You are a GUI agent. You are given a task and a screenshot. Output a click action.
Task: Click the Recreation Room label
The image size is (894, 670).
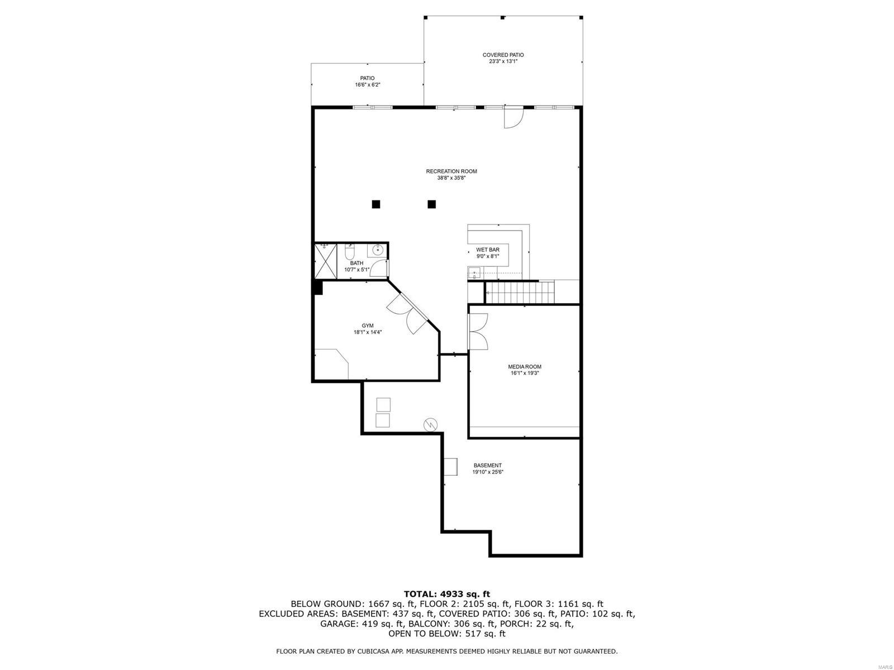click(451, 171)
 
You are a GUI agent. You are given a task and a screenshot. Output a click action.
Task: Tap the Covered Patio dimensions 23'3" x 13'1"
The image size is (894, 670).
click(503, 61)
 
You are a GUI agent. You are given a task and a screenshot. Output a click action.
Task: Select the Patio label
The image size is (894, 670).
click(367, 78)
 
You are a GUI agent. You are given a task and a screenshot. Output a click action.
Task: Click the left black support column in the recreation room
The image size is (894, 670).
click(376, 204)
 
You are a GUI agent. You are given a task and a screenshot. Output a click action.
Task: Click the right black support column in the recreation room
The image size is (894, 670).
click(431, 204)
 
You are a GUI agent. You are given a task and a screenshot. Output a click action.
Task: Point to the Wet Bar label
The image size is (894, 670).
click(487, 250)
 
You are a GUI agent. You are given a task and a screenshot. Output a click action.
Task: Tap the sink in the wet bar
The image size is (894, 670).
click(474, 274)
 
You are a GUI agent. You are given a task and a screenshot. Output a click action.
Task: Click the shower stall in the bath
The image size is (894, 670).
click(325, 261)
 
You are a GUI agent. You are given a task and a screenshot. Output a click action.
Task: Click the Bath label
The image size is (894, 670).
click(356, 263)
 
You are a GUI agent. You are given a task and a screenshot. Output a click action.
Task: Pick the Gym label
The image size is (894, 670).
click(367, 326)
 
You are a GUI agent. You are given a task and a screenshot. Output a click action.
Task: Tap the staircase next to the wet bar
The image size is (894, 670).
click(520, 292)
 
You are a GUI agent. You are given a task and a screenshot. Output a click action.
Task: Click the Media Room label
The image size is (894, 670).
click(524, 367)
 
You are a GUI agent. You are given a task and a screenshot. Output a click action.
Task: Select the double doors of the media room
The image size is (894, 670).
click(478, 331)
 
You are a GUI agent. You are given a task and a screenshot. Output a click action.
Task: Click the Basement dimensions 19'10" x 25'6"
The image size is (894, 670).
click(487, 472)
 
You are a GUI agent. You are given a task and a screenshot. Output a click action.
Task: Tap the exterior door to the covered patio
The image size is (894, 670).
click(512, 117)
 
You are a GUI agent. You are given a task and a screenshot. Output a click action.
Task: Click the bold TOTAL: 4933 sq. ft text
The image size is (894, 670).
click(446, 594)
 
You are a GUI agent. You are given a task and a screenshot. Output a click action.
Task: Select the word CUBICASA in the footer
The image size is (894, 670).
click(372, 652)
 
